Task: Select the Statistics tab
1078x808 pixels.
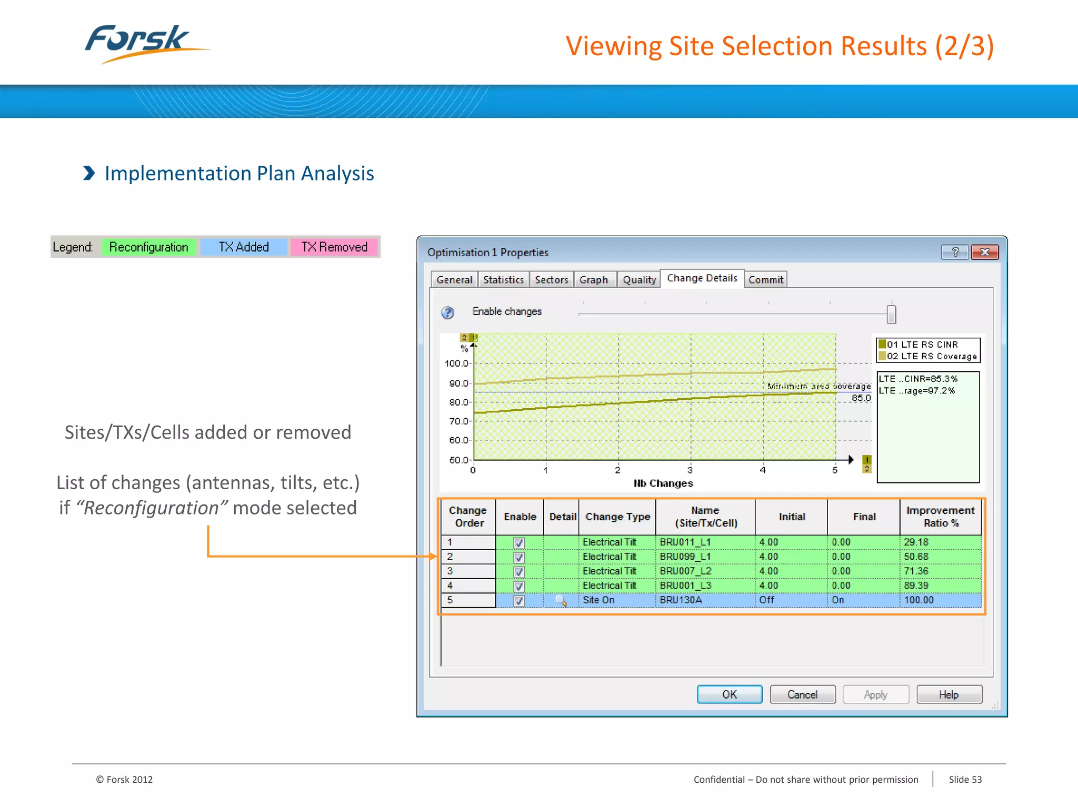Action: (x=503, y=280)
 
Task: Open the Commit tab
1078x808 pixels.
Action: (x=766, y=280)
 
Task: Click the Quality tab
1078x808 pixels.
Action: (x=639, y=280)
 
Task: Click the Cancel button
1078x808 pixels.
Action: (x=802, y=694)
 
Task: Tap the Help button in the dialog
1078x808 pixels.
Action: (x=949, y=694)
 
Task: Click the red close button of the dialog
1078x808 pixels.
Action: (x=985, y=252)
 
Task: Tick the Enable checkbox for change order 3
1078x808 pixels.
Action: (x=519, y=572)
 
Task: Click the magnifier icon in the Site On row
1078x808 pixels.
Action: (x=561, y=601)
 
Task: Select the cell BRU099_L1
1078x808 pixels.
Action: (x=685, y=557)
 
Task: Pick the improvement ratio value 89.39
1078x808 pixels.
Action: (x=916, y=585)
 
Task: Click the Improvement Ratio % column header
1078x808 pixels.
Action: (x=940, y=517)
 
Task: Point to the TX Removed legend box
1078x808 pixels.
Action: (x=334, y=247)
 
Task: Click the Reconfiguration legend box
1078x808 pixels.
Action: (x=148, y=247)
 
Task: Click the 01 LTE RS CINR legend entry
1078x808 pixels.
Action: (x=922, y=345)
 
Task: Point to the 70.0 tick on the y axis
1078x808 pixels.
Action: (x=458, y=421)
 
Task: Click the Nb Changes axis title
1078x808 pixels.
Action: (x=663, y=483)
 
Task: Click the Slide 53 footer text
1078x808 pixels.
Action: (x=965, y=780)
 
